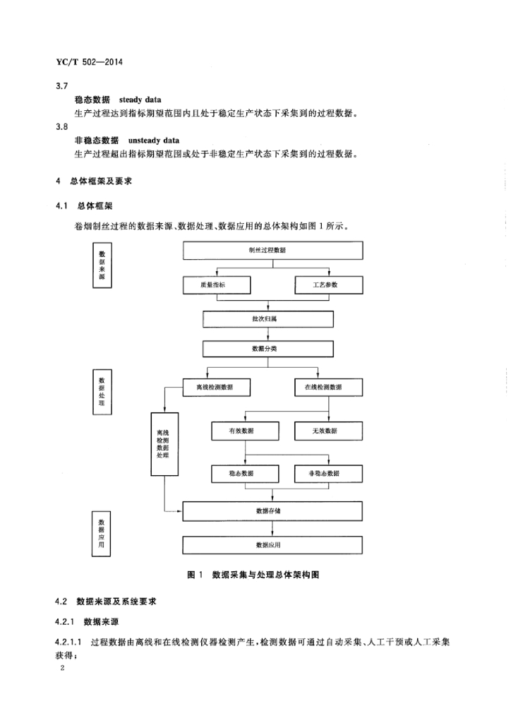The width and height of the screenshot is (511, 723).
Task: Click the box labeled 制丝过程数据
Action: point(272,251)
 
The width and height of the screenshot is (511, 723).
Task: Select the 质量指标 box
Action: point(217,285)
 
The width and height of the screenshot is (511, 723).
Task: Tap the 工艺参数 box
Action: point(328,285)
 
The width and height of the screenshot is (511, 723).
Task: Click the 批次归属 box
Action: point(272,318)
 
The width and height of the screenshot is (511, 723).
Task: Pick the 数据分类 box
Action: point(272,349)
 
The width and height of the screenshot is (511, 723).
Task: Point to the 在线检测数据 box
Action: point(328,388)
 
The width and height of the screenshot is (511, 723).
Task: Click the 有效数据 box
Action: point(245,431)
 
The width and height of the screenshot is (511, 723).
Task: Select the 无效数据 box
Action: point(328,431)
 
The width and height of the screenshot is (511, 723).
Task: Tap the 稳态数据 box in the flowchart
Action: point(245,472)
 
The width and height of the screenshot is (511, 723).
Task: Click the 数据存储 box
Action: point(272,510)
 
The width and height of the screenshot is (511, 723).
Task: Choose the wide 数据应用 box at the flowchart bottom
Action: point(272,545)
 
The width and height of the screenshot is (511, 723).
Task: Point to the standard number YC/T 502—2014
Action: point(89,62)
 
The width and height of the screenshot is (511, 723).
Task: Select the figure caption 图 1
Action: point(196,575)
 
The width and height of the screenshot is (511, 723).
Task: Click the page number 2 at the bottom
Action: point(63,668)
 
